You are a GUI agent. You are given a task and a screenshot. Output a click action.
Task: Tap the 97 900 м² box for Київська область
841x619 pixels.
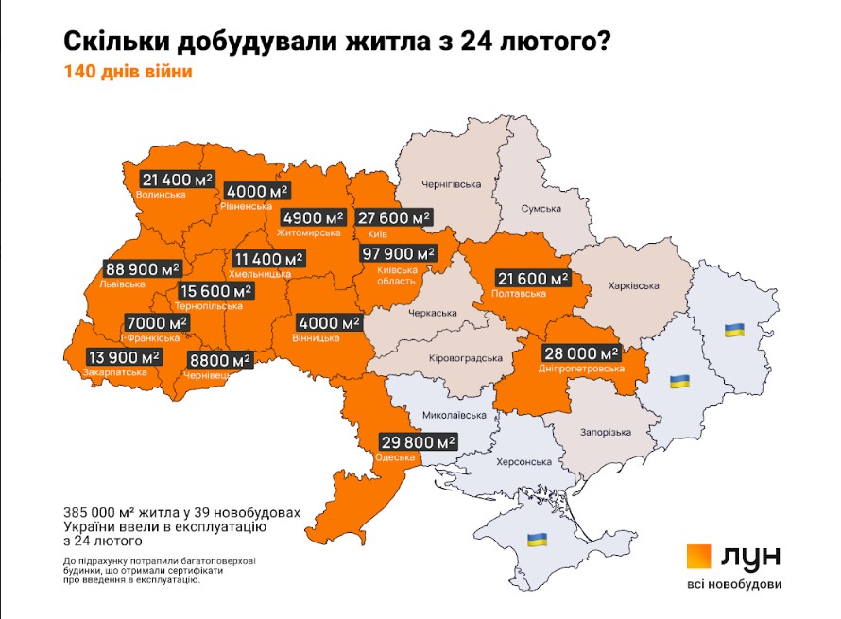point(398,253)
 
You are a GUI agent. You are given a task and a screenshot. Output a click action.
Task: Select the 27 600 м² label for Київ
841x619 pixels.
point(394,217)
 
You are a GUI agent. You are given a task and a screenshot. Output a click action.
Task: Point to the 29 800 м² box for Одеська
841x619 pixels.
point(419,441)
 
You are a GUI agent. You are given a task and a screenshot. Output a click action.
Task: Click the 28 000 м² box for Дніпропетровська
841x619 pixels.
point(578,352)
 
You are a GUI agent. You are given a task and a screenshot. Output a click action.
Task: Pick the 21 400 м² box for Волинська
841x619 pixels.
point(179,179)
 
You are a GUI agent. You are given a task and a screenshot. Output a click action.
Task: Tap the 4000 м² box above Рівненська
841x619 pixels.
point(258,191)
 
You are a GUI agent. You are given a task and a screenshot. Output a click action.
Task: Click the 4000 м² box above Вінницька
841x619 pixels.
point(329,322)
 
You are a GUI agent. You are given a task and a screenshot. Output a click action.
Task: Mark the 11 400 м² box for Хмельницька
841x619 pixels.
point(269,258)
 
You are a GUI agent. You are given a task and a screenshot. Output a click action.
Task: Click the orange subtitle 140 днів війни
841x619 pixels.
point(128,72)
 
